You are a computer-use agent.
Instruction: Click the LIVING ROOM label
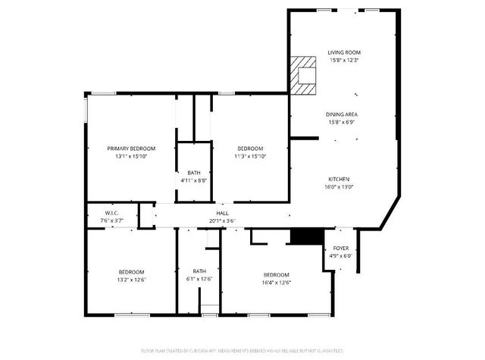point(343,52)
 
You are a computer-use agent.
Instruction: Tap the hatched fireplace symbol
point(304,75)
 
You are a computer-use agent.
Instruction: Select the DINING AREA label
point(343,114)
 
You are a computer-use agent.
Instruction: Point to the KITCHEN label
point(339,179)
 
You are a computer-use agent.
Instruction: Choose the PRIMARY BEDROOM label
point(131,149)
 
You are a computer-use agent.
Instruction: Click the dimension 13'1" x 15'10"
point(131,156)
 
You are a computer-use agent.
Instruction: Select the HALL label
point(223,214)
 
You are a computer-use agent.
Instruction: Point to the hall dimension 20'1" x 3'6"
point(223,221)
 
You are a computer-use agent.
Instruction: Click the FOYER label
point(341,249)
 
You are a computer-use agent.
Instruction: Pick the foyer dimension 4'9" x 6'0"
point(341,256)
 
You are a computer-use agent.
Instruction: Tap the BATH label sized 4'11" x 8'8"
point(194,173)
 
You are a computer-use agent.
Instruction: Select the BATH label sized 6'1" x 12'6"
point(199,271)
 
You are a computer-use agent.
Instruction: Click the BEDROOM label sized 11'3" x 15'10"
point(250,149)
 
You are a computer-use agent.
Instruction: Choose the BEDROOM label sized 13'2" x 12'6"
point(131,272)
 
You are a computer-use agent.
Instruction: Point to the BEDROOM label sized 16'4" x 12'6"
point(276,274)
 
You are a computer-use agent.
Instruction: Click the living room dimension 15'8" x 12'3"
point(343,60)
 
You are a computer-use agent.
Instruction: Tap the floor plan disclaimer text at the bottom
point(242,351)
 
